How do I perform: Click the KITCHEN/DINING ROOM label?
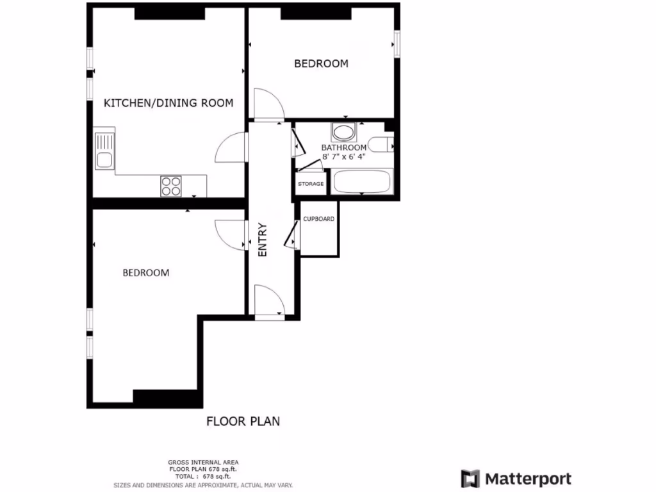pos(168,102)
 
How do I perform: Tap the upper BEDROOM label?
pos(321,63)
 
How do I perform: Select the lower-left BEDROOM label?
pos(146,273)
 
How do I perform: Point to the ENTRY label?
pos(262,240)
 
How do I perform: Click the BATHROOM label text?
pos(344,147)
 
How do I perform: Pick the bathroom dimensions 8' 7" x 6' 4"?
pos(344,156)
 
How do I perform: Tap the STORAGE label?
pos(310,184)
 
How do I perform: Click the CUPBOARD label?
pos(318,219)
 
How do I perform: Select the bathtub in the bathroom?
pos(363,183)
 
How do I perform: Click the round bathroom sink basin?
pos(344,133)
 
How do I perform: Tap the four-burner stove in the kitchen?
pos(171,186)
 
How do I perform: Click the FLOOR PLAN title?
pos(243,422)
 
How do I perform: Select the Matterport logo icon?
pos(470,479)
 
